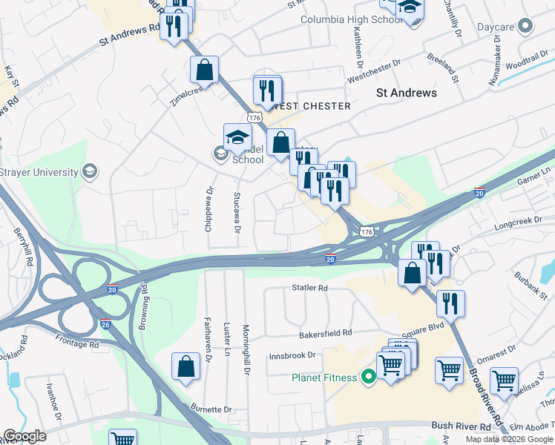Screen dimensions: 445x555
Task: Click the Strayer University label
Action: point(39,172)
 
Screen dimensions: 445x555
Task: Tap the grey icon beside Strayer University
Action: point(89,172)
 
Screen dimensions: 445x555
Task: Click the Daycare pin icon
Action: point(526,27)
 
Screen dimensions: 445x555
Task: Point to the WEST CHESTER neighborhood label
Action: point(312,106)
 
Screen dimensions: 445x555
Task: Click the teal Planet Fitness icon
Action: point(368,378)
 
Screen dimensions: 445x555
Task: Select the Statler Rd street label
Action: point(309,287)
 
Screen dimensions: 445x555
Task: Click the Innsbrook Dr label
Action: point(292,355)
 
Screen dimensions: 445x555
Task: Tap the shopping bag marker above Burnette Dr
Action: point(185,366)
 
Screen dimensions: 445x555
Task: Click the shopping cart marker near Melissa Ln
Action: point(504,379)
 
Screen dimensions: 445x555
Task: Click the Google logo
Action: point(24,436)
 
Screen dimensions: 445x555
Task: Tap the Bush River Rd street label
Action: point(461,427)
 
